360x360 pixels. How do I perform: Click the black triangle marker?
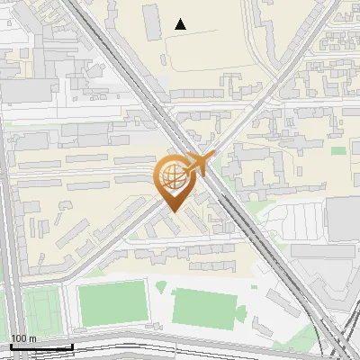[181, 24]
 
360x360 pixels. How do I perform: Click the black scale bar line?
[41, 347]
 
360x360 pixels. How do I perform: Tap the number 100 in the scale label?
[18, 338]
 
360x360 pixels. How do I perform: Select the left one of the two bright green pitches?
[112, 303]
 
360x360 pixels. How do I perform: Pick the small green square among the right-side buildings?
[337, 150]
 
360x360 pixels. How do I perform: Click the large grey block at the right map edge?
[344, 219]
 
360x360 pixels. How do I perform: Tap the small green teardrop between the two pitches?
[161, 287]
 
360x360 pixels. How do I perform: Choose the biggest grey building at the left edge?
[20, 90]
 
